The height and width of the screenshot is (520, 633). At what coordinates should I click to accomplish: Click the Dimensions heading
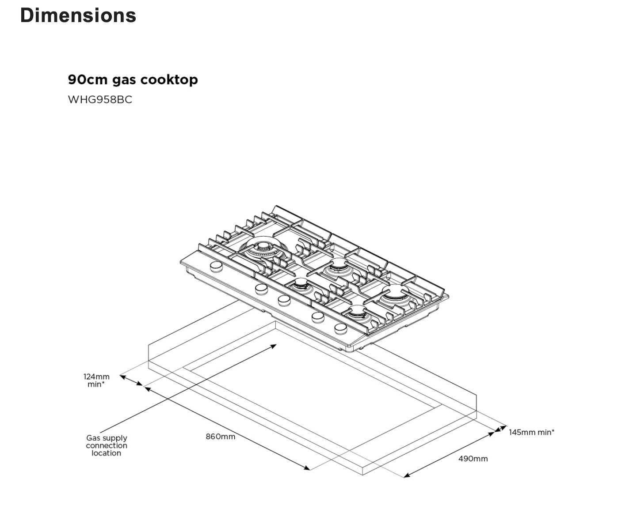(x=78, y=15)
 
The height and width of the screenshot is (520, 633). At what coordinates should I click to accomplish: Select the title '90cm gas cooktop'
(x=133, y=80)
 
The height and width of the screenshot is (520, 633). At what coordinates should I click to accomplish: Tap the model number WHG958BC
(x=100, y=99)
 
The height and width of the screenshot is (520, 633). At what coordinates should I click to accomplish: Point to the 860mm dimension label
(x=220, y=437)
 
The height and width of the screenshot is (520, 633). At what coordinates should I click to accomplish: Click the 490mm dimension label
(x=473, y=459)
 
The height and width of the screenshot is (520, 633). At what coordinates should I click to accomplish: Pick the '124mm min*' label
(x=96, y=381)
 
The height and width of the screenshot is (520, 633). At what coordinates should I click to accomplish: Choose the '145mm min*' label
(x=531, y=432)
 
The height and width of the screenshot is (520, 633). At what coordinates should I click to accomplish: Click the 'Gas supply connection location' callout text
(x=107, y=445)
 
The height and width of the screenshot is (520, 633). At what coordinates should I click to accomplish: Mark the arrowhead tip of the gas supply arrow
(x=276, y=345)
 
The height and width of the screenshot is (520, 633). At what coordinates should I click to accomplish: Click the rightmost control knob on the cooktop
(x=340, y=328)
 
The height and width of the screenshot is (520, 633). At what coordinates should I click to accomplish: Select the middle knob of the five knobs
(x=284, y=300)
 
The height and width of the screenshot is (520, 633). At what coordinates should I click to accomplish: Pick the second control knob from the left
(x=261, y=289)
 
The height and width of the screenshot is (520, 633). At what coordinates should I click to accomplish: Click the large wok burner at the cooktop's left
(x=264, y=249)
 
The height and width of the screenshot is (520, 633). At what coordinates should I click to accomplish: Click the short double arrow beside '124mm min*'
(x=131, y=381)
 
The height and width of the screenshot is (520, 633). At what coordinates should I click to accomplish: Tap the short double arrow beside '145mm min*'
(x=500, y=429)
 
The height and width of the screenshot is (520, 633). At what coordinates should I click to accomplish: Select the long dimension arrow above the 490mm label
(x=449, y=455)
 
